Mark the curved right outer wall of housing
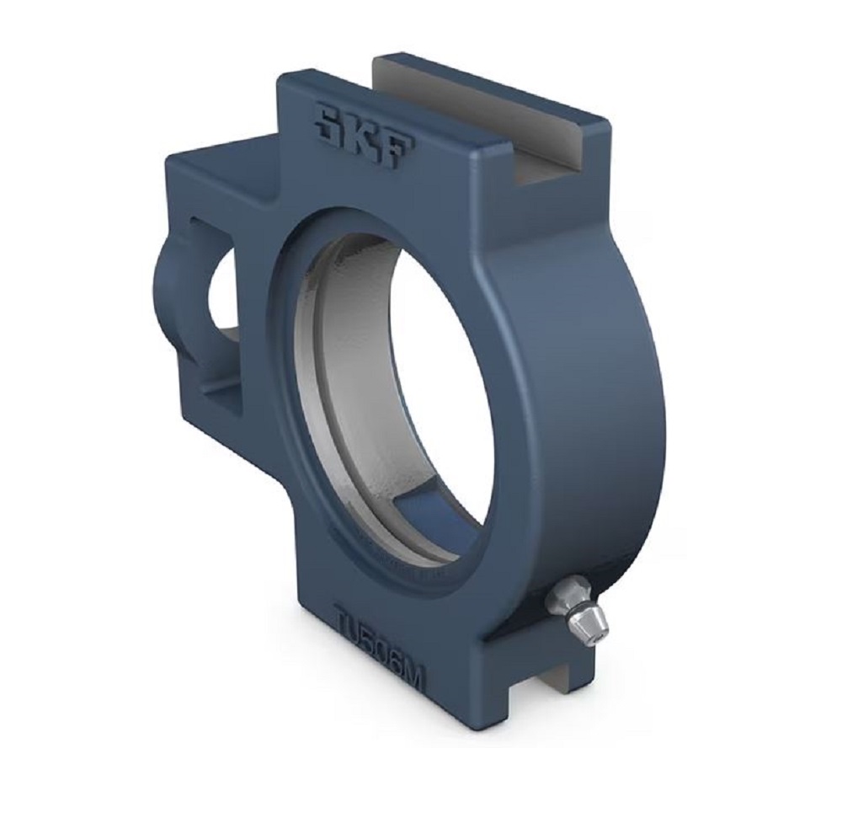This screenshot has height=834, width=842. coord(589,379)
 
